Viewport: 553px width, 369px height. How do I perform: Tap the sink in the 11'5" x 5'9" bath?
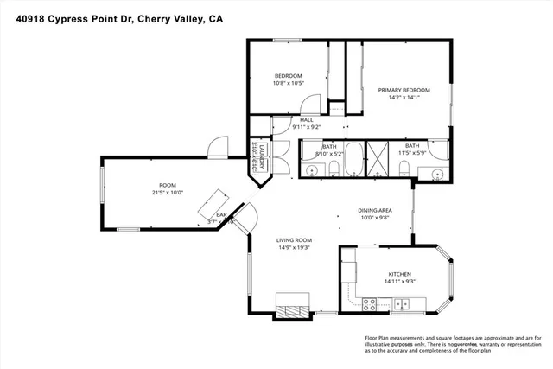coord(436,175)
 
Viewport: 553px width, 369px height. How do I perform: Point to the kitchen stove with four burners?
coord(369,303)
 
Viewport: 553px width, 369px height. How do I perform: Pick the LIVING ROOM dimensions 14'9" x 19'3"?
coord(294,248)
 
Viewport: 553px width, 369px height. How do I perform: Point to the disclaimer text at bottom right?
coord(449,344)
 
